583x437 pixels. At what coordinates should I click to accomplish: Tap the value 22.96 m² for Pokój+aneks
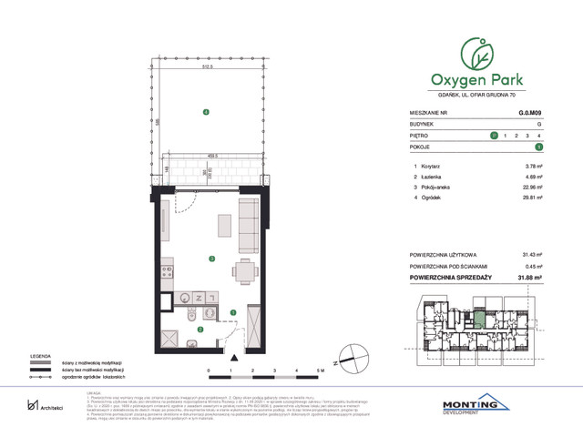tap(533, 188)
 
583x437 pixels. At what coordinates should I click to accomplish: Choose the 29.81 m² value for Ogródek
tap(533, 198)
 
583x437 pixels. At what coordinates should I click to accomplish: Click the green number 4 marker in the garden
tap(206, 112)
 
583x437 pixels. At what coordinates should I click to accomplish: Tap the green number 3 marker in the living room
tap(211, 259)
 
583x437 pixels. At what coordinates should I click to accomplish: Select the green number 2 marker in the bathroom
tap(199, 330)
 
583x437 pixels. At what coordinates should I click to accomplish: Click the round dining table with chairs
tap(244, 269)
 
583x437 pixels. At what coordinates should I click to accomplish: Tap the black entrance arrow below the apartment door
tap(232, 358)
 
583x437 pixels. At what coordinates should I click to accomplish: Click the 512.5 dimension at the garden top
tap(209, 66)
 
